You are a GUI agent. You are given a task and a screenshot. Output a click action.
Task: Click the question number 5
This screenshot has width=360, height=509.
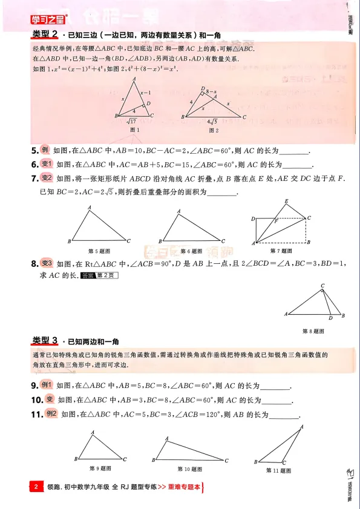(x=34, y=151)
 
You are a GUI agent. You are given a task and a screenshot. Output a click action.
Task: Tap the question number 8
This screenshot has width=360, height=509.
(x=34, y=264)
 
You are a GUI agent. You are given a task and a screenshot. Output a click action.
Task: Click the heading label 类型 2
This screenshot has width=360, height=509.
(x=45, y=33)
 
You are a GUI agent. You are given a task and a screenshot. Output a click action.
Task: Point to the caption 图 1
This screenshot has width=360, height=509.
(x=135, y=130)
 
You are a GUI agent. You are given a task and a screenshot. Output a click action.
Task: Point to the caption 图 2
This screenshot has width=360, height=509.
(x=212, y=130)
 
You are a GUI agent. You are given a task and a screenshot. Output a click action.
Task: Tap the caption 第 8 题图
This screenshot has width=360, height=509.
(x=313, y=331)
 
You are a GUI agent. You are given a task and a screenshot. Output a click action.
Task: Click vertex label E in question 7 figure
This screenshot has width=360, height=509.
(x=286, y=201)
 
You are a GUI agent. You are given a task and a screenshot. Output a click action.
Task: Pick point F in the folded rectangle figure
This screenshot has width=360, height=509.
(x=276, y=221)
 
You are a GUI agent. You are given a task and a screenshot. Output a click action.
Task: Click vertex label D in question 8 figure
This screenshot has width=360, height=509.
(x=330, y=318)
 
